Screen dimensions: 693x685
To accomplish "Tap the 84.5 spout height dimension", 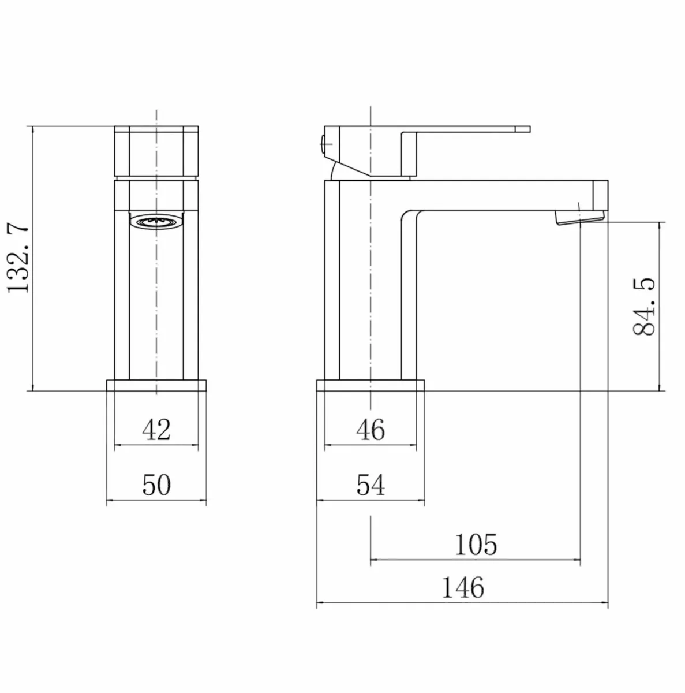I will point(644,306).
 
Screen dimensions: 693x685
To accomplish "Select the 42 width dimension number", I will point(156,430).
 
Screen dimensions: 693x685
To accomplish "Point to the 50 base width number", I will point(156,485).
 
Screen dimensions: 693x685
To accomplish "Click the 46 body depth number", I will point(370,430).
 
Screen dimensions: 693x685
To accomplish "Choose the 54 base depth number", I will point(370,485).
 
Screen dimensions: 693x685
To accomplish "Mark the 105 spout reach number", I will point(476,544).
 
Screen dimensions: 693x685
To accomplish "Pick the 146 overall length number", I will point(463,588).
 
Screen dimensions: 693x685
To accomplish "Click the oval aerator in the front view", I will point(156,221).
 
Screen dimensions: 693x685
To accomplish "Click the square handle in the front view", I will point(156,151).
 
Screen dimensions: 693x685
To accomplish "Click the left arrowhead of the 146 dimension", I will point(320,605).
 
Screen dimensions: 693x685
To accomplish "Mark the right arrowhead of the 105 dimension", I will point(577,559).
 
